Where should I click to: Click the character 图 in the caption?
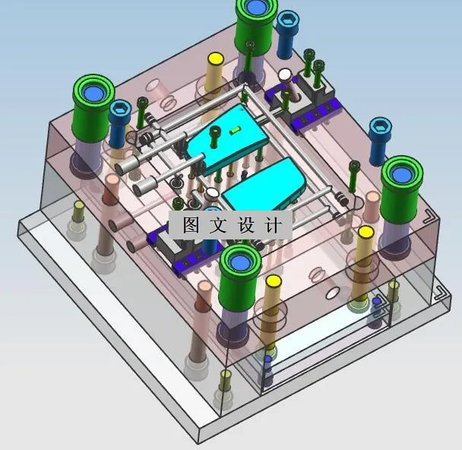coord(188,225)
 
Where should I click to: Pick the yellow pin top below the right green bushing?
coord(365,232)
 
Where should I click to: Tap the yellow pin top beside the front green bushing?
coord(273,282)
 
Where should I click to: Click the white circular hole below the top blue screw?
coord(285,75)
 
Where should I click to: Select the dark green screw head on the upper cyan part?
coord(215,132)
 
